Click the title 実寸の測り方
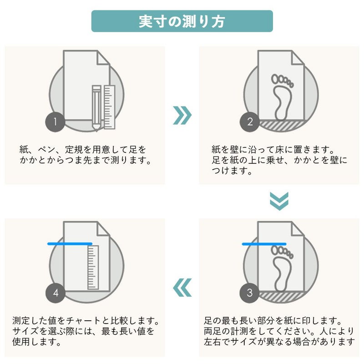(182, 21)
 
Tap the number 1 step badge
(55, 122)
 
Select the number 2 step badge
(249, 122)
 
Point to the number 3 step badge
(249, 293)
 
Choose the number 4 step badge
(55, 293)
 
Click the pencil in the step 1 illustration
(96, 108)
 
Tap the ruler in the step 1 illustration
(109, 107)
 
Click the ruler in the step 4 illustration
(93, 268)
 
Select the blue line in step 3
(264, 244)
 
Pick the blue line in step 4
(70, 244)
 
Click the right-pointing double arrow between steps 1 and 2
(182, 116)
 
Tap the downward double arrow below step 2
(279, 201)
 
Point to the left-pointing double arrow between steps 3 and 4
(182, 288)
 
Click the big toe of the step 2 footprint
(275, 79)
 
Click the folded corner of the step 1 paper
(103, 57)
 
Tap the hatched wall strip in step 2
(281, 126)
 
